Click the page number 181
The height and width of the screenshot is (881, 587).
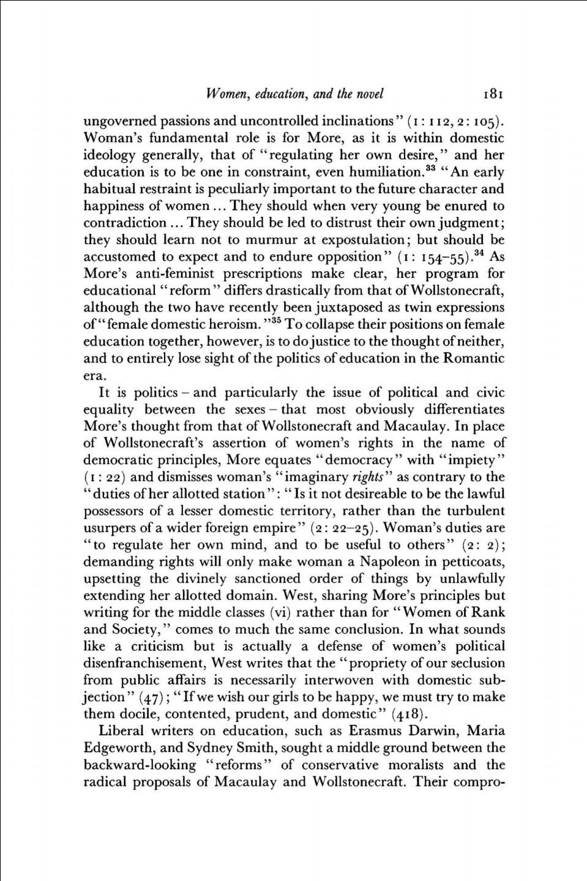coord(493,94)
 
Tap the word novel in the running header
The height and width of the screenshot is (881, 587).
coord(369,94)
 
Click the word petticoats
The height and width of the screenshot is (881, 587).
coord(473,561)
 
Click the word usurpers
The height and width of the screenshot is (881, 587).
coord(111,528)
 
